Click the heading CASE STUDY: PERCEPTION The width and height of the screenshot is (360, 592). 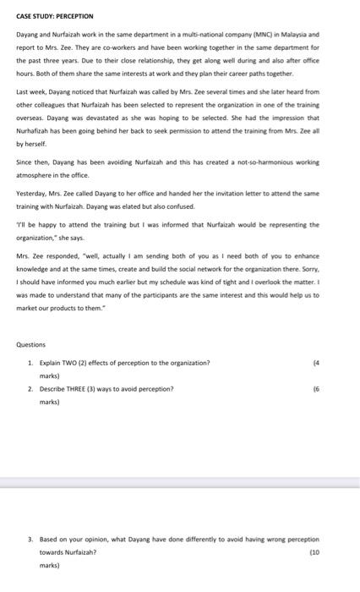[55, 16]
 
